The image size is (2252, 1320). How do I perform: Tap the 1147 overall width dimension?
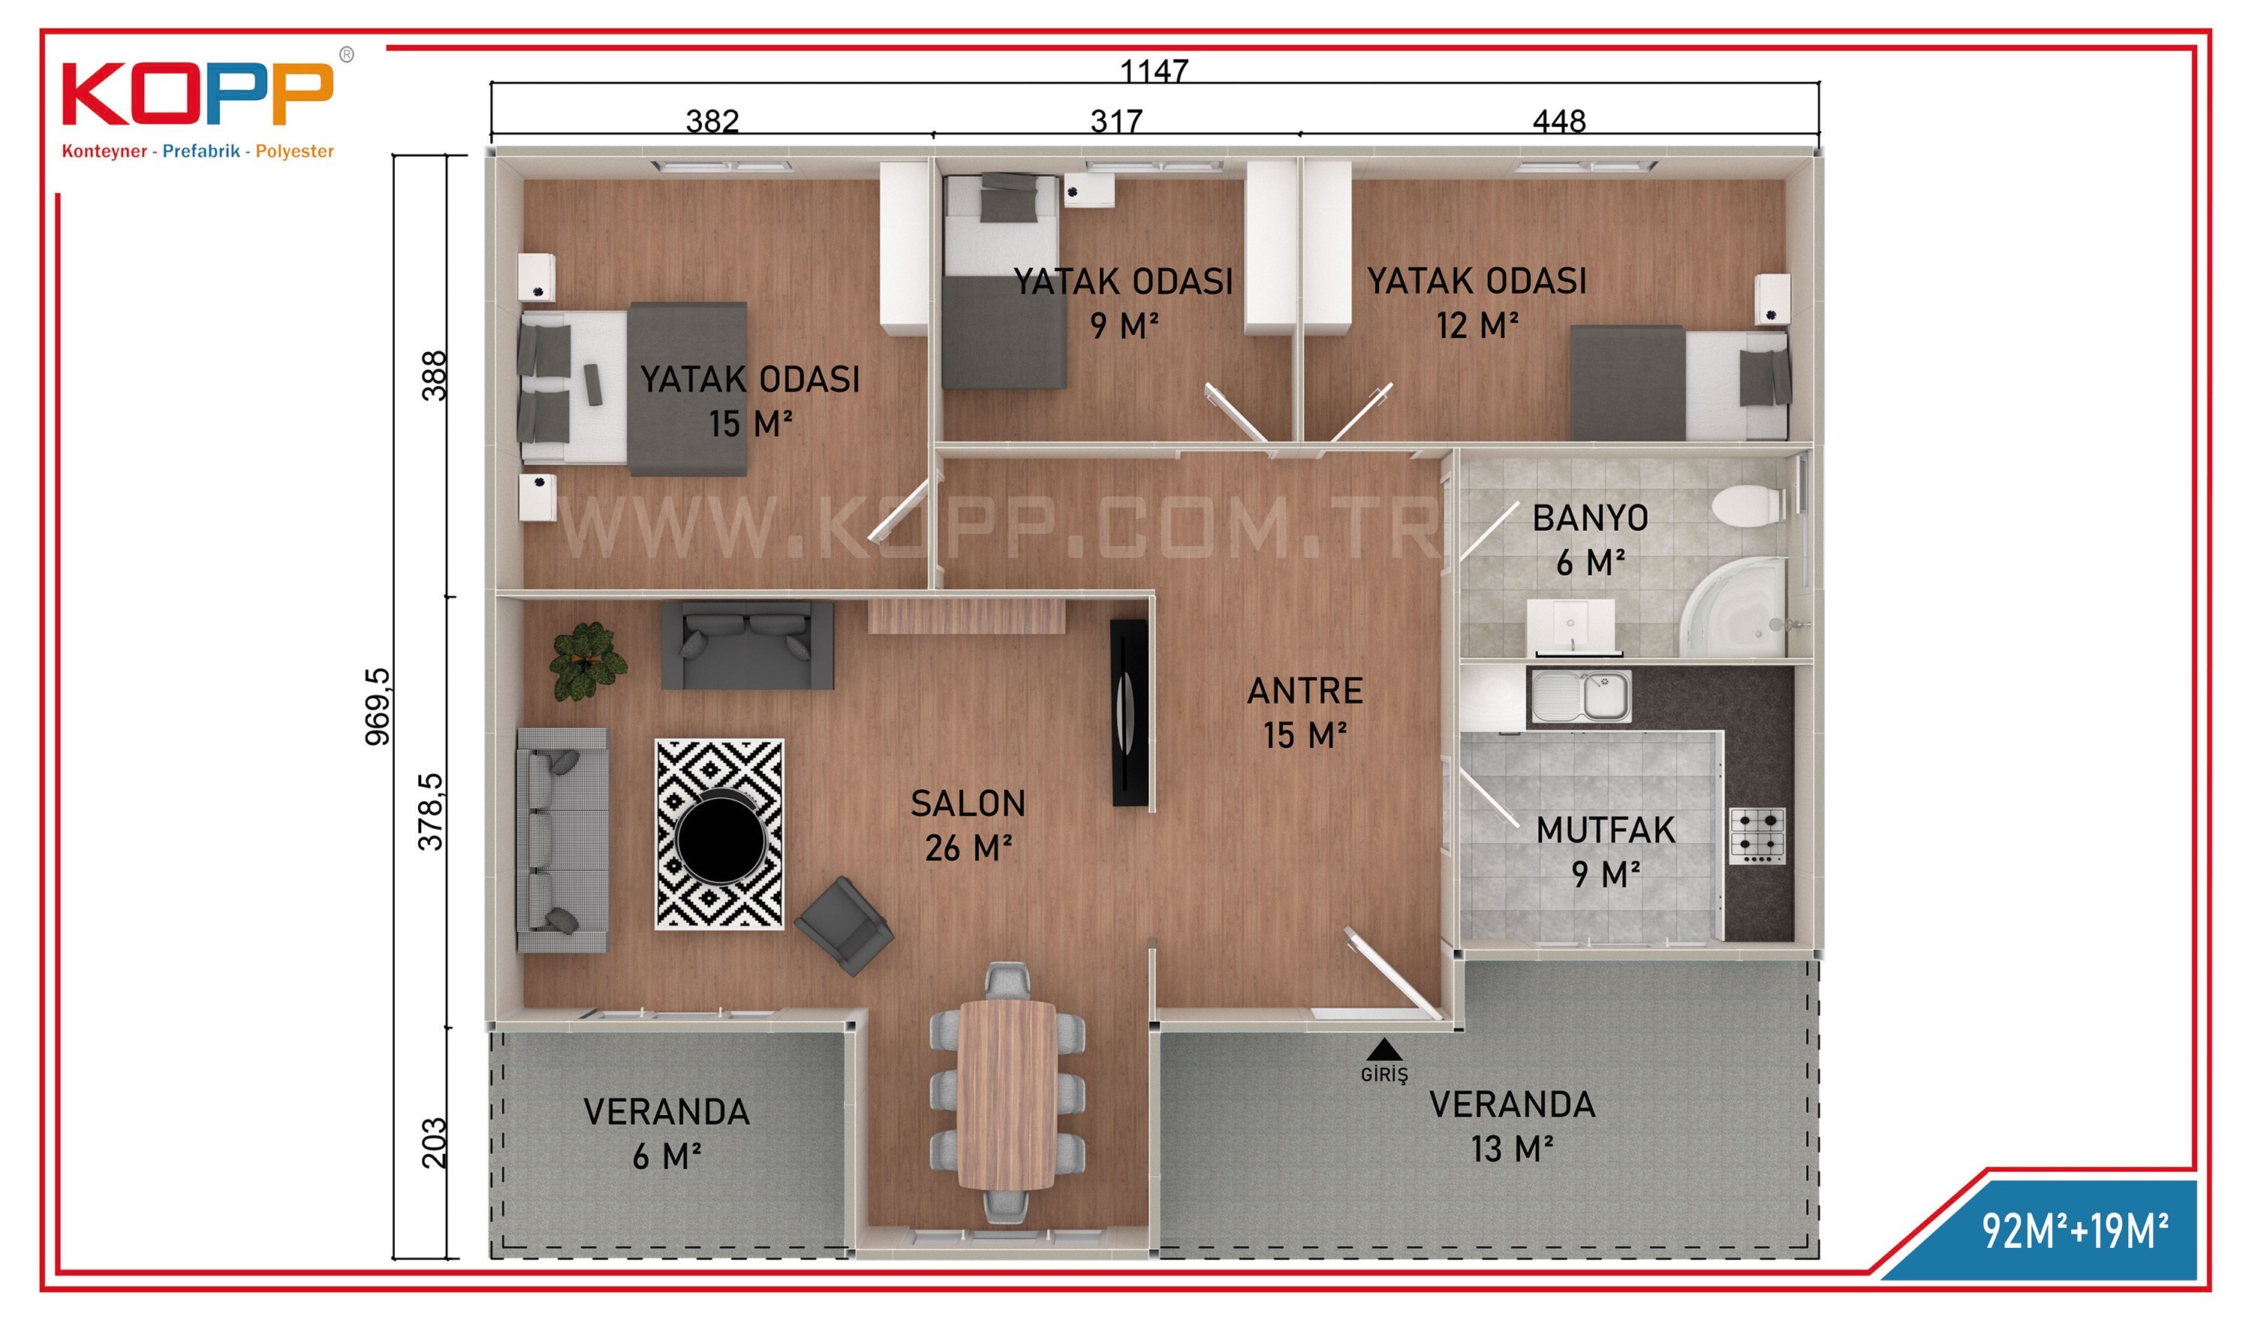point(1154,70)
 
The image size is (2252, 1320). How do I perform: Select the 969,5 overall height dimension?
point(377,706)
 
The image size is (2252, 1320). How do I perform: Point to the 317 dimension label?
point(1116,121)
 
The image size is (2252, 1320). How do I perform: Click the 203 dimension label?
point(433,1143)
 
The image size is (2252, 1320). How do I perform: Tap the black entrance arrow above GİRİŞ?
point(1384,1049)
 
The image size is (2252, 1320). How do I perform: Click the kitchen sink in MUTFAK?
point(1581,696)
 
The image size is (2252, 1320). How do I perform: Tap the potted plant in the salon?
point(587,662)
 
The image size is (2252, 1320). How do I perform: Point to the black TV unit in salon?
point(1130,713)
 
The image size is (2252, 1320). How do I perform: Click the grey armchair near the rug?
point(844,925)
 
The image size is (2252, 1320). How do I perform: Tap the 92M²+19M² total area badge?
point(2075,1231)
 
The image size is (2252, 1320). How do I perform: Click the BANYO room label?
point(1590,518)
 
